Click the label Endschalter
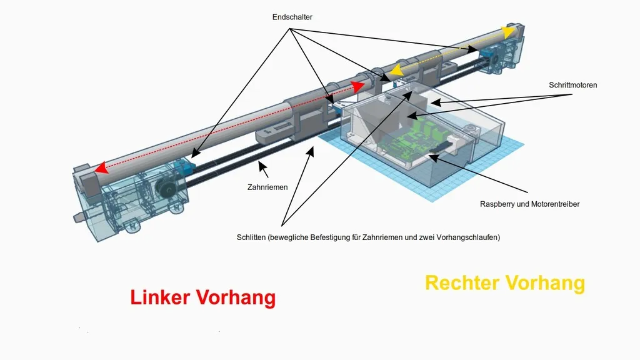tap(292, 17)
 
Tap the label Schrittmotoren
tap(572, 85)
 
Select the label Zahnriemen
tap(267, 187)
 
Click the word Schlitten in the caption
tap(251, 237)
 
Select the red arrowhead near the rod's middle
tap(358, 87)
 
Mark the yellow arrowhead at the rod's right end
tap(509, 32)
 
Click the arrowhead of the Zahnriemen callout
tap(262, 166)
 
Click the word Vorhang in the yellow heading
tap(546, 283)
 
